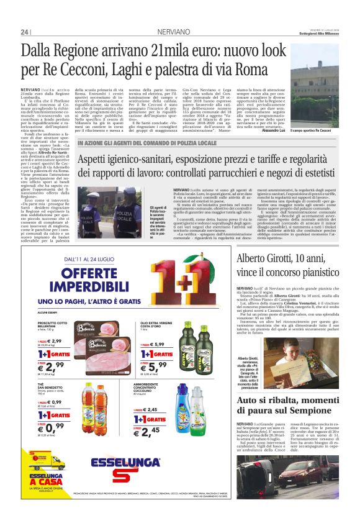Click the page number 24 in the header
point(25,32)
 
